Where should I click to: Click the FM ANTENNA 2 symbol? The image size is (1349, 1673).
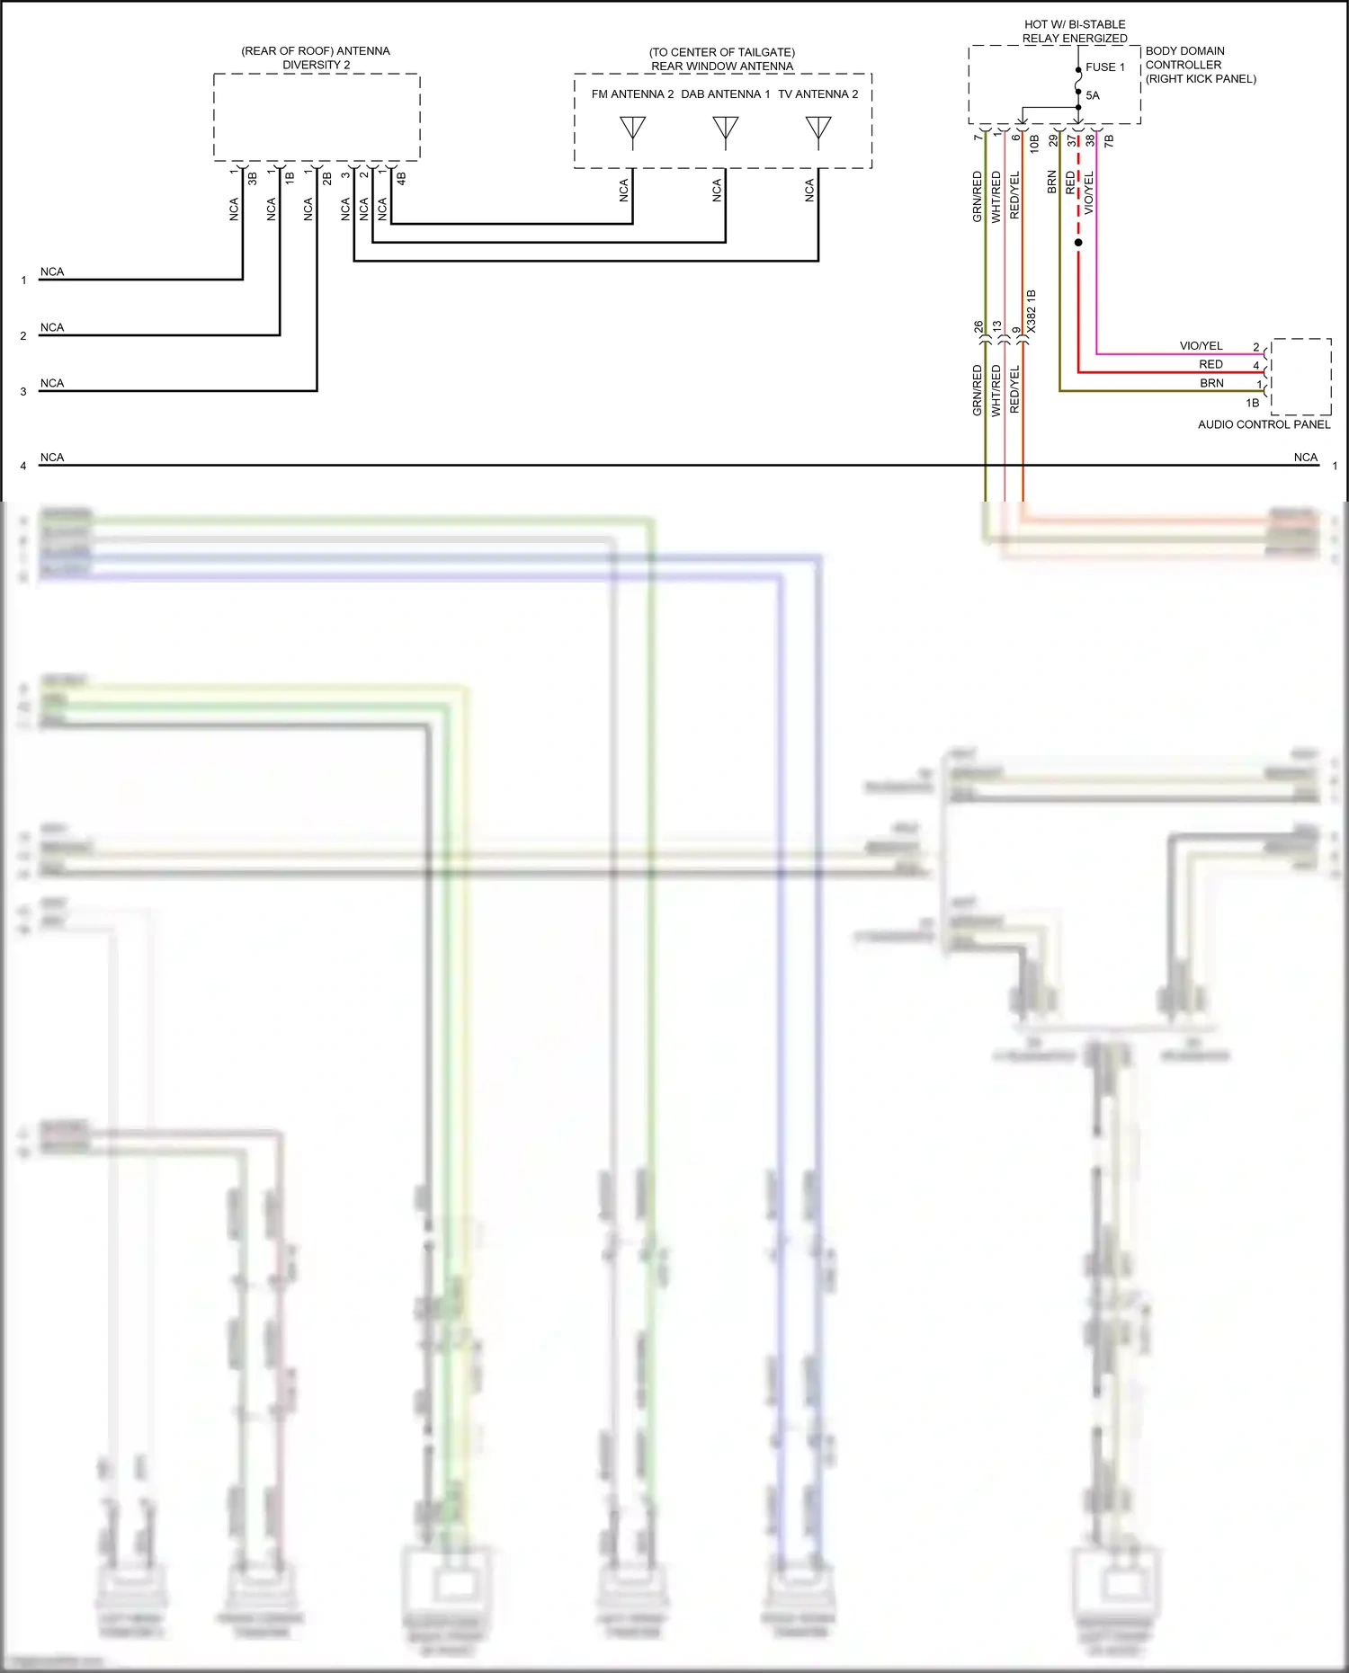[x=632, y=131]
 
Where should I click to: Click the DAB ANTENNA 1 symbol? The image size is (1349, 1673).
[x=725, y=131]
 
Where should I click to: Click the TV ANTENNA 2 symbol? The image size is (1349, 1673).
[x=817, y=131]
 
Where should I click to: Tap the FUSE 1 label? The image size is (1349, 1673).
[x=1104, y=67]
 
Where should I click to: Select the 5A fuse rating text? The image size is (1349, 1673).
[x=1092, y=95]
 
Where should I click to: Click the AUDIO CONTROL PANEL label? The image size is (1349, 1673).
[x=1263, y=424]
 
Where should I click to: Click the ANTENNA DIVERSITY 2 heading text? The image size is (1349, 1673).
[x=316, y=58]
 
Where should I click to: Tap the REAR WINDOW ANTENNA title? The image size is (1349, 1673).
[x=722, y=66]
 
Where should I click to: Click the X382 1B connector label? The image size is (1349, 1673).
[x=1032, y=311]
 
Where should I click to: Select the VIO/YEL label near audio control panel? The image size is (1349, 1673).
[x=1201, y=346]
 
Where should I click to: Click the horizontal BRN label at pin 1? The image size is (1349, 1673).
[x=1211, y=383]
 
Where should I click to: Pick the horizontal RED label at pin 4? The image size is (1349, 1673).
[x=1211, y=364]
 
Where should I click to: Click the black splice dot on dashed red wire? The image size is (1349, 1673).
[x=1078, y=243]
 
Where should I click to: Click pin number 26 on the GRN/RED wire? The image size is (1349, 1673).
[x=978, y=327]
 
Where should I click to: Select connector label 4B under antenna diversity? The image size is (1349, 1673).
[x=401, y=178]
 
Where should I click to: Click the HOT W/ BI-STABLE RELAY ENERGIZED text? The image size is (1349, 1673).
[x=1075, y=31]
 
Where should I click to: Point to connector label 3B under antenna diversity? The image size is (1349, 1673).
[x=253, y=178]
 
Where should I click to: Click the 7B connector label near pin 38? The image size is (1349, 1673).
[x=1109, y=141]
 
